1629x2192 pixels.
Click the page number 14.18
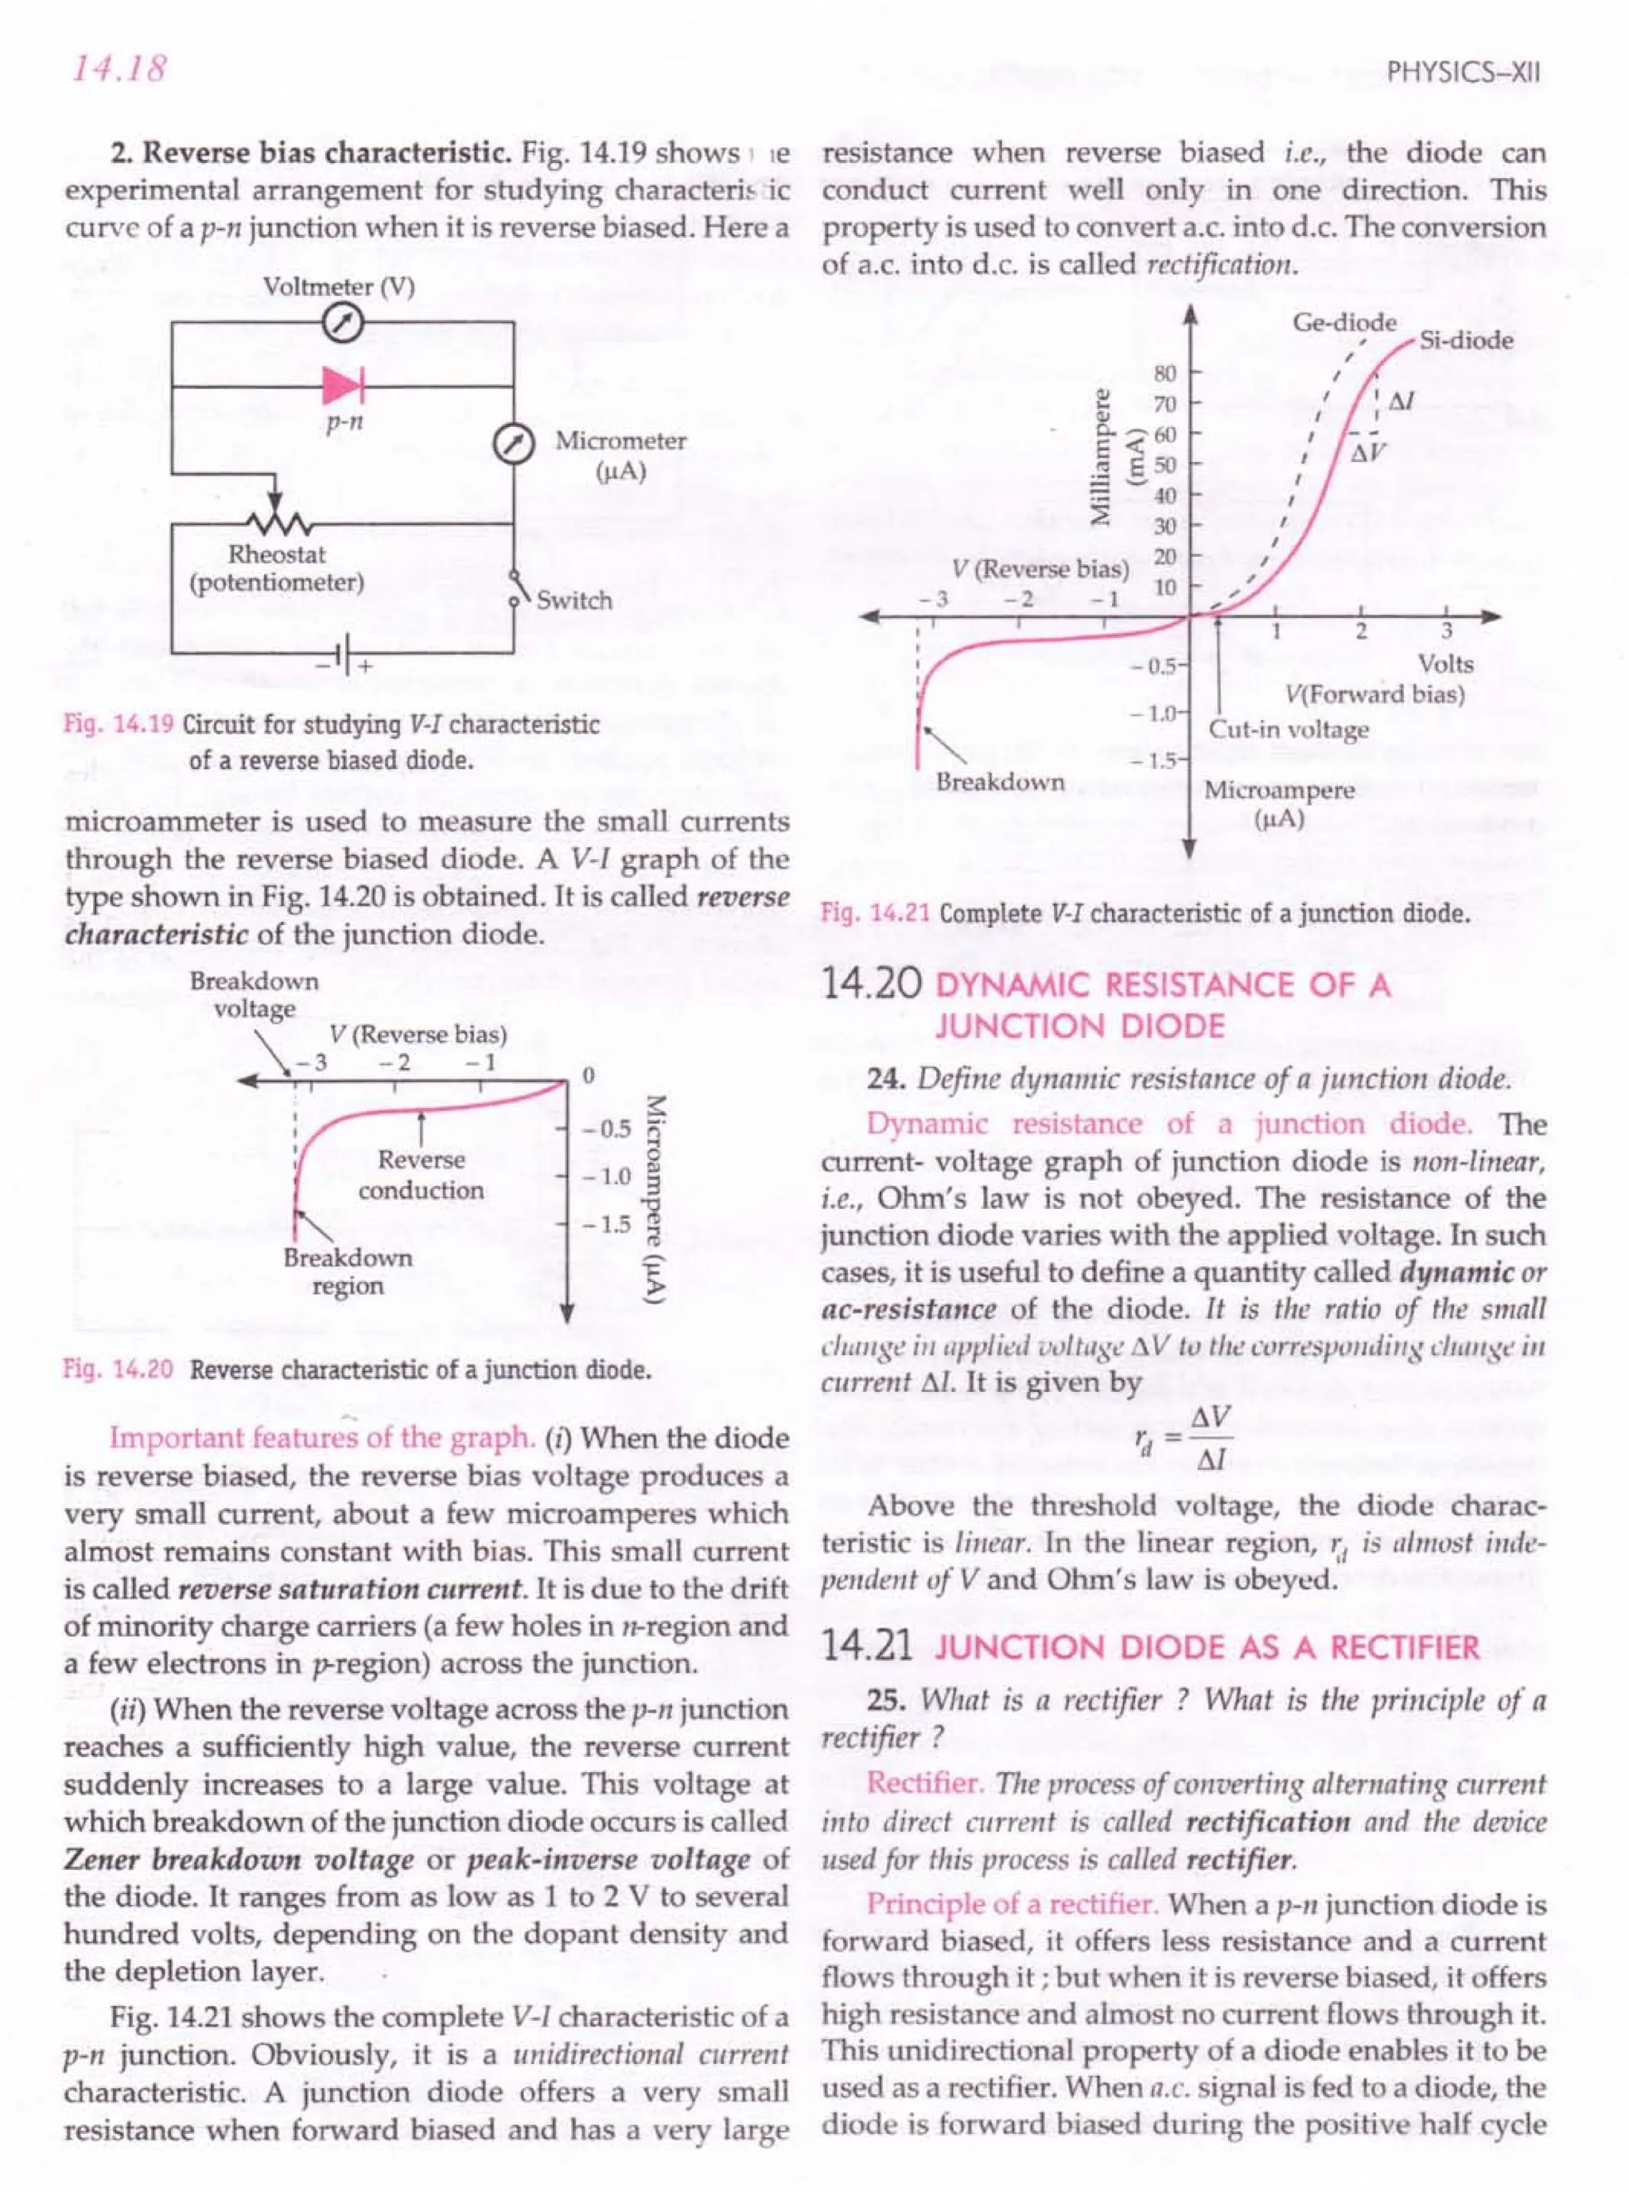(x=116, y=70)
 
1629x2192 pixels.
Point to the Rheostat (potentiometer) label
(x=277, y=568)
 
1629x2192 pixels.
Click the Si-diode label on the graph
(x=1465, y=340)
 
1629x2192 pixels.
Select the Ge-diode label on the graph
(x=1344, y=322)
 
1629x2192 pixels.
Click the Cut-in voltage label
(x=1289, y=729)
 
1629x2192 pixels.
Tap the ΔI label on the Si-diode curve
(x=1402, y=402)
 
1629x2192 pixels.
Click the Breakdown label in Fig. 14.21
(x=1000, y=781)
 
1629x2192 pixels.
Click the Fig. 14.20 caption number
(x=119, y=1370)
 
